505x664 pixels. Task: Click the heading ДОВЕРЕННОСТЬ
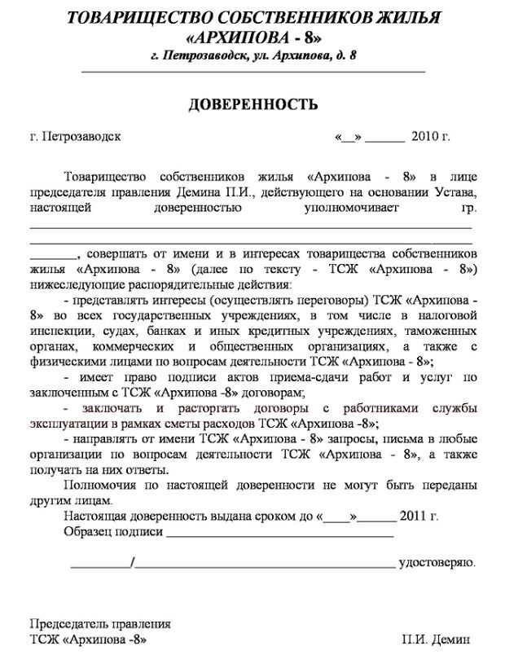click(253, 105)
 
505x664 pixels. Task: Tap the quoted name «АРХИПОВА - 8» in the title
click(253, 37)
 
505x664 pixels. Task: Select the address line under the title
click(253, 56)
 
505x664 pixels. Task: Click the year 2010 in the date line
click(425, 136)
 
